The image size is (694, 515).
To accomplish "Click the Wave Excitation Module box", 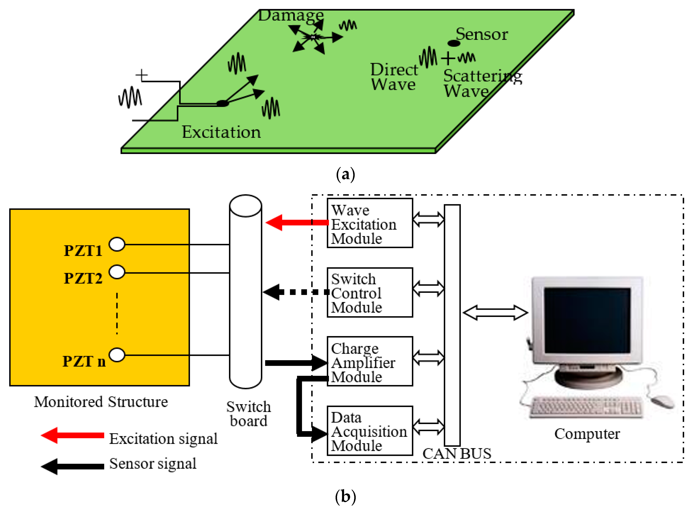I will click(x=370, y=223).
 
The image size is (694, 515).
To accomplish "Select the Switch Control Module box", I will click(x=370, y=292).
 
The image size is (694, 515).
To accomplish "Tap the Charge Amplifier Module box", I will click(x=370, y=361).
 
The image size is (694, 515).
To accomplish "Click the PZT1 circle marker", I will click(x=117, y=244).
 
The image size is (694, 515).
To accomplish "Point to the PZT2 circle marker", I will click(x=117, y=272).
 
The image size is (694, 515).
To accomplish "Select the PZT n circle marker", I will click(x=117, y=355).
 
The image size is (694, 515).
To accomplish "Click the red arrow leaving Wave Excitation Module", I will click(x=296, y=223).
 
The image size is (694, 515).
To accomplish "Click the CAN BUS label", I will click(x=457, y=454).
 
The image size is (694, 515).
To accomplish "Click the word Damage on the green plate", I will click(x=291, y=16).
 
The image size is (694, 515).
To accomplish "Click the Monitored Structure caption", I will click(x=101, y=402).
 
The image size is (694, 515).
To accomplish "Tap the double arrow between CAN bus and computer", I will click(x=495, y=313).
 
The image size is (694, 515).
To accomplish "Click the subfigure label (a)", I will click(x=346, y=175).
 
